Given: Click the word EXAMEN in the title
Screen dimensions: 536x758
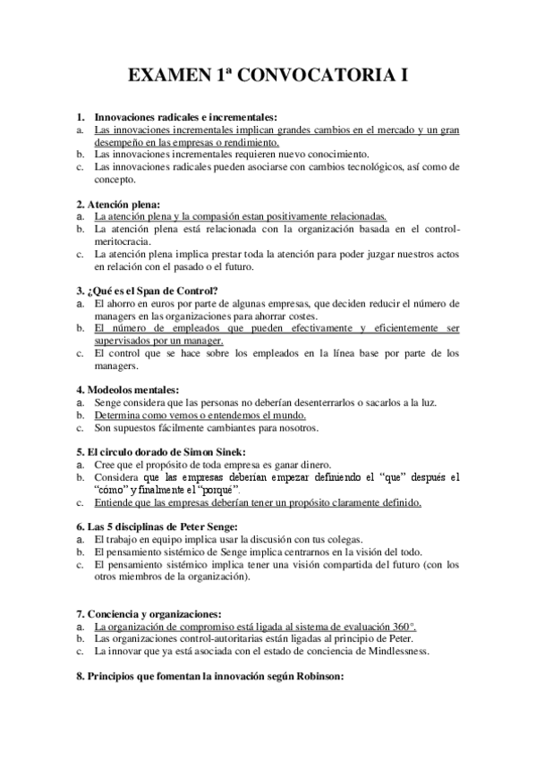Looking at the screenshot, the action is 168,77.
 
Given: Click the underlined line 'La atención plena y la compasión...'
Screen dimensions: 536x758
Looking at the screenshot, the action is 240,216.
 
